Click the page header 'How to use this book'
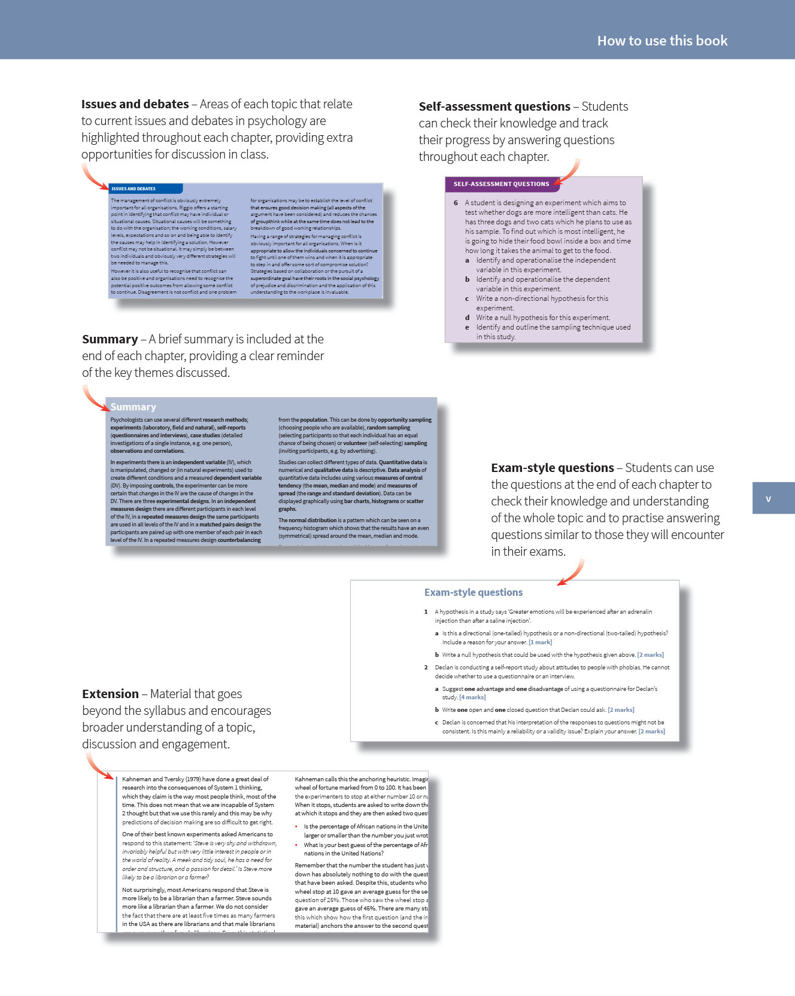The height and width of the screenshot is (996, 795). pyautogui.click(x=662, y=41)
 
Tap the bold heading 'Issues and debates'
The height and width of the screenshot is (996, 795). pyautogui.click(x=135, y=104)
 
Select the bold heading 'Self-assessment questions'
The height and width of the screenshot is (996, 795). pyautogui.click(x=494, y=106)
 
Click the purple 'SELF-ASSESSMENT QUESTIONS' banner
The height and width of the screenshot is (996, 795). pyautogui.click(x=501, y=184)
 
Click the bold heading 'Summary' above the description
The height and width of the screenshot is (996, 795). pyautogui.click(x=110, y=339)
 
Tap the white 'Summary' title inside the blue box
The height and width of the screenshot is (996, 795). pyautogui.click(x=133, y=407)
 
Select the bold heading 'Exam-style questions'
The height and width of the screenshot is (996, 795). pyautogui.click(x=552, y=468)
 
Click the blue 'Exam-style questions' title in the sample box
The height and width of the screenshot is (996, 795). pyautogui.click(x=473, y=592)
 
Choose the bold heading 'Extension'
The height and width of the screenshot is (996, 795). pyautogui.click(x=110, y=694)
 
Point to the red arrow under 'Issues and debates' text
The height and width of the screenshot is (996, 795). pyautogui.click(x=94, y=177)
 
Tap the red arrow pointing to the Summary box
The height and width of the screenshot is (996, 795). pyautogui.click(x=95, y=398)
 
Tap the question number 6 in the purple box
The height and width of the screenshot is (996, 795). pyautogui.click(x=456, y=203)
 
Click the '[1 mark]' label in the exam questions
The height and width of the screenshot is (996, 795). pyautogui.click(x=540, y=642)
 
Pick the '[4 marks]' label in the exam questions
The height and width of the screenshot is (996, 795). pyautogui.click(x=472, y=697)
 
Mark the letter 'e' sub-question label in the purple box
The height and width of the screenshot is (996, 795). pyautogui.click(x=467, y=327)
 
